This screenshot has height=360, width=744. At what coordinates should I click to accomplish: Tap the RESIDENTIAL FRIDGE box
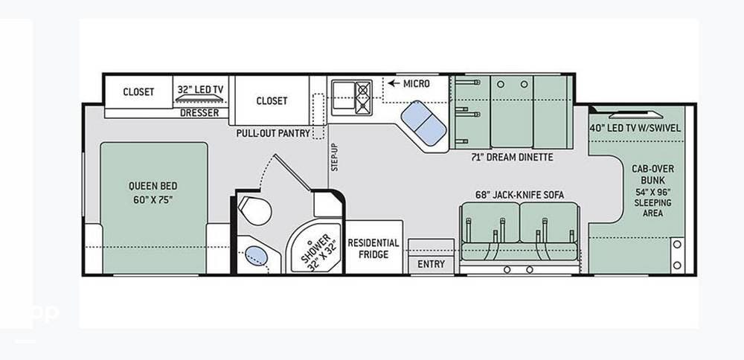(373, 248)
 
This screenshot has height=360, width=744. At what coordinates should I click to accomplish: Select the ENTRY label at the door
(431, 264)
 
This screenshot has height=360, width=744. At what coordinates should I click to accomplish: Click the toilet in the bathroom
(256, 210)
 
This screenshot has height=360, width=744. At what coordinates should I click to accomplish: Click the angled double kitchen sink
(423, 123)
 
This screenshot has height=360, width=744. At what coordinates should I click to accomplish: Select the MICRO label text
(416, 83)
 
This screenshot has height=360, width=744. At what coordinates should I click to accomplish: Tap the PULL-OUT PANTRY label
(273, 132)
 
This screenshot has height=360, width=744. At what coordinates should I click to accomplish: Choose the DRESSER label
(199, 113)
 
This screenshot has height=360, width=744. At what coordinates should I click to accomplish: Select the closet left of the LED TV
(138, 92)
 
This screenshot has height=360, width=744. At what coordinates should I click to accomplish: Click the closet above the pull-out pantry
(272, 100)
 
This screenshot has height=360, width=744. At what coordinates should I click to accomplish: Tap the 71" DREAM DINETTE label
(512, 158)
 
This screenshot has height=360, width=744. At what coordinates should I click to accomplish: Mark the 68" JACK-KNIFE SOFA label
(519, 195)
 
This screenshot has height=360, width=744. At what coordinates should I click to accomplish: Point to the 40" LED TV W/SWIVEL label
(635, 128)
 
